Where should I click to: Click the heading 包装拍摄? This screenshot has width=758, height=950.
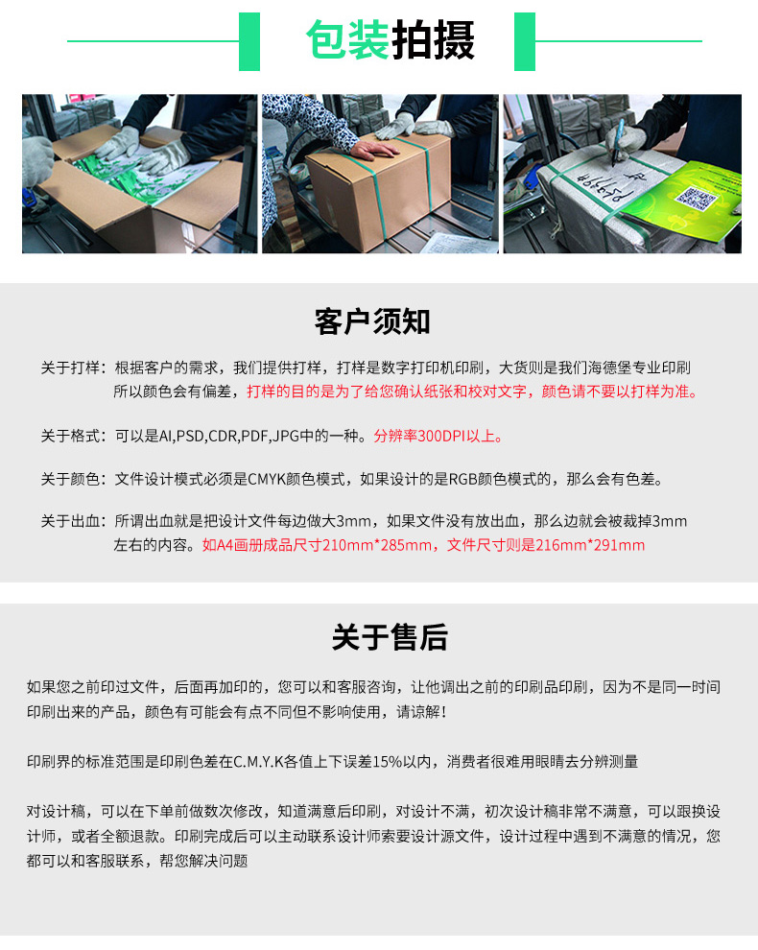click(391, 40)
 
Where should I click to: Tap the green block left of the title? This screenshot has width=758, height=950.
click(249, 41)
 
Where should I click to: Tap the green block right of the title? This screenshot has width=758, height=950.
click(525, 41)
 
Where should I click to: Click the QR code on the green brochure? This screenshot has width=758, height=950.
click(696, 198)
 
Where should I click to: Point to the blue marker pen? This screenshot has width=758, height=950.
click(617, 141)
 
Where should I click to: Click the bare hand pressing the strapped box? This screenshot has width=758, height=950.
click(374, 148)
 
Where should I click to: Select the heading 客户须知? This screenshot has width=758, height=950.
click(372, 321)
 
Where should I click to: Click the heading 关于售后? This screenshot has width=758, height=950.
click(390, 637)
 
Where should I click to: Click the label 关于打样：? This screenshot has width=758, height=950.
click(74, 368)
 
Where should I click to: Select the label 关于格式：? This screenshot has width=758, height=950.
click(74, 436)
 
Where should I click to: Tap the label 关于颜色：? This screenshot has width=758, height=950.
click(74, 479)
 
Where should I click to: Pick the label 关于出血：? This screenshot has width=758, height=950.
click(74, 521)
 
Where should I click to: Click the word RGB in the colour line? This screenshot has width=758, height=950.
click(463, 479)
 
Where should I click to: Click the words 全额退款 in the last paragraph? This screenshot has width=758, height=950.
click(130, 836)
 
